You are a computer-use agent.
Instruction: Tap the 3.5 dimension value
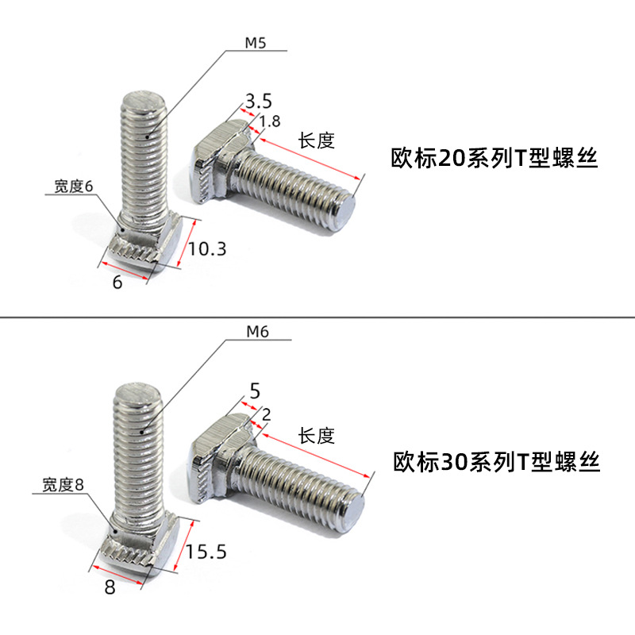pyautogui.click(x=259, y=101)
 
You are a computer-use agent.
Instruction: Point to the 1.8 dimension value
pyautogui.click(x=270, y=121)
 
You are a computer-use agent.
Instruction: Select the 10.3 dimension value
pyautogui.click(x=208, y=249)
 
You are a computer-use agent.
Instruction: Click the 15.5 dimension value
pyautogui.click(x=206, y=551)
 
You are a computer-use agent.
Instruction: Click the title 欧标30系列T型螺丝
pyautogui.click(x=497, y=461)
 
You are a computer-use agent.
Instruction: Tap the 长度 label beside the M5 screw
pyautogui.click(x=317, y=141)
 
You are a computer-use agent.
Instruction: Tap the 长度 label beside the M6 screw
pyautogui.click(x=317, y=435)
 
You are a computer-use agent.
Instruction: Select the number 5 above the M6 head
pyautogui.click(x=255, y=391)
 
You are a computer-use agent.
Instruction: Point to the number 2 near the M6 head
pyautogui.click(x=266, y=414)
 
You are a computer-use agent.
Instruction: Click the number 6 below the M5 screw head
pyautogui.click(x=117, y=281)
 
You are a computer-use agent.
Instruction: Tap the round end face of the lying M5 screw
pyautogui.click(x=347, y=213)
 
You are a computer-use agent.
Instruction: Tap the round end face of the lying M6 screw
pyautogui.click(x=354, y=509)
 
